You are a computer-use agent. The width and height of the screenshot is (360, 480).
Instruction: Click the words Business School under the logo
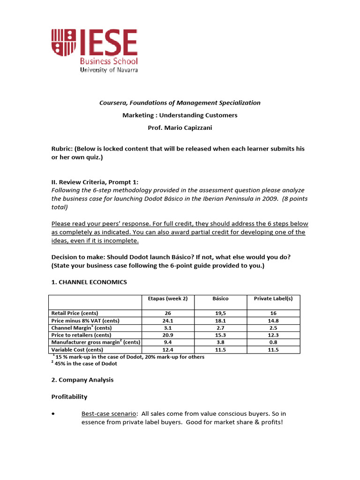[x=109, y=61]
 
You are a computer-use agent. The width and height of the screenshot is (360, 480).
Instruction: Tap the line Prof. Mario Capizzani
[x=180, y=127]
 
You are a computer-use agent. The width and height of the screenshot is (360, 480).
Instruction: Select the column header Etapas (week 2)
[x=168, y=299]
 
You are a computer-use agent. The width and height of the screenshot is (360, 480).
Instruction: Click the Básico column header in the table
[x=220, y=299]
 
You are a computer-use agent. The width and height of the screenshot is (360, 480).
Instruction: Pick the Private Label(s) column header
[x=273, y=299]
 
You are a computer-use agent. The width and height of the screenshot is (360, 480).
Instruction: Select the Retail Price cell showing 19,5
[x=220, y=313]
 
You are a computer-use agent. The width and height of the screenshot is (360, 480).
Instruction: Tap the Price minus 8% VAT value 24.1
[x=168, y=320]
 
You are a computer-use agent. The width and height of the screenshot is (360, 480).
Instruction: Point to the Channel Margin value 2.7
[x=220, y=328]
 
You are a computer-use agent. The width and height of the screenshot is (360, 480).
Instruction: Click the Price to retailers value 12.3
[x=273, y=335]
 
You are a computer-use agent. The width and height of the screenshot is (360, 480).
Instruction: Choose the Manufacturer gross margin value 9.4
[x=168, y=342]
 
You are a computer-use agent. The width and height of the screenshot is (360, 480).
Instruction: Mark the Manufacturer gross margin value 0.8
[x=273, y=342]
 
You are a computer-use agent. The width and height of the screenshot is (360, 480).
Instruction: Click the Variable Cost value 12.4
[x=168, y=350]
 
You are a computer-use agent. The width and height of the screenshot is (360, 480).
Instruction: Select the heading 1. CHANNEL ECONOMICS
[x=89, y=282]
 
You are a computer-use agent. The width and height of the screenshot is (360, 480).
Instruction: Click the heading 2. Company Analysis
[x=82, y=380]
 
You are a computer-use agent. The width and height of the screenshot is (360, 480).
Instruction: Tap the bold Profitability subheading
[x=69, y=397]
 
